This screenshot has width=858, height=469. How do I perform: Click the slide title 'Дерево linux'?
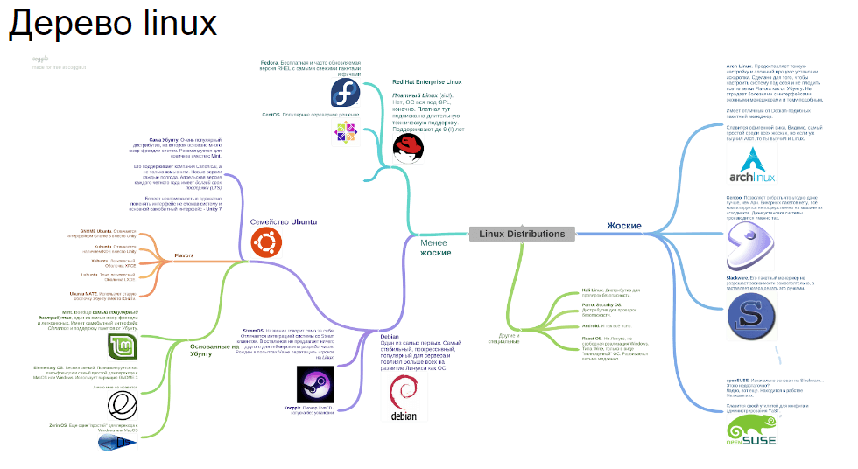112,24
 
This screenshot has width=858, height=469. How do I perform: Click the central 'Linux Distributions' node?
523,234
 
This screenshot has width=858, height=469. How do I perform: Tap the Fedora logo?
345,94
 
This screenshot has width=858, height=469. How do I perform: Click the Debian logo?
404,405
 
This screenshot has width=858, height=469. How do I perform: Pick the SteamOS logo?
315,385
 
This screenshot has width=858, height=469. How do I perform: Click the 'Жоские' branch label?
625,226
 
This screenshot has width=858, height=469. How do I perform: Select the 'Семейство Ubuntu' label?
284,221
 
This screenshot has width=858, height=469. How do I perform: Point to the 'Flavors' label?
184,255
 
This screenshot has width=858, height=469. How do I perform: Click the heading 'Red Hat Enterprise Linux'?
426,81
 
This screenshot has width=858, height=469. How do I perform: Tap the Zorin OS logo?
119,443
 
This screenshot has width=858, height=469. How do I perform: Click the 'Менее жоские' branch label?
436,248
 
